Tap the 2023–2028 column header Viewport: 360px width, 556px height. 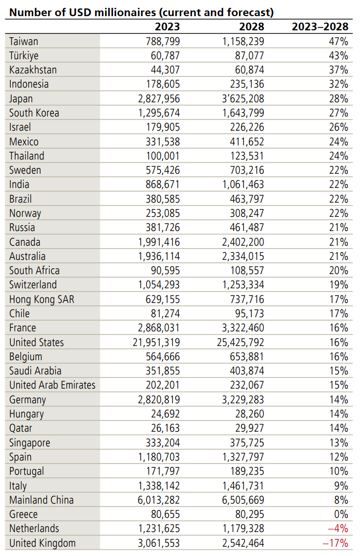(x=320, y=26)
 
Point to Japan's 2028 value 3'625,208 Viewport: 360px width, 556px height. (x=239, y=98)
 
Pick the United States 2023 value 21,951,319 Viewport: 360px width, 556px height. (x=149, y=342)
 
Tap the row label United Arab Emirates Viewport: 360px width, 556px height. (x=52, y=385)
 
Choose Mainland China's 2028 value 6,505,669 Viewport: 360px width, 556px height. (x=239, y=500)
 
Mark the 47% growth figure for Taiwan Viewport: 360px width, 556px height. (x=338, y=41)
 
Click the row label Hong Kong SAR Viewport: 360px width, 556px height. (x=42, y=299)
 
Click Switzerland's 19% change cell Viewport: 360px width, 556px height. (x=338, y=285)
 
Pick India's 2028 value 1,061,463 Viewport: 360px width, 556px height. (x=239, y=185)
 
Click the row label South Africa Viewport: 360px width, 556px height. (x=34, y=270)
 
